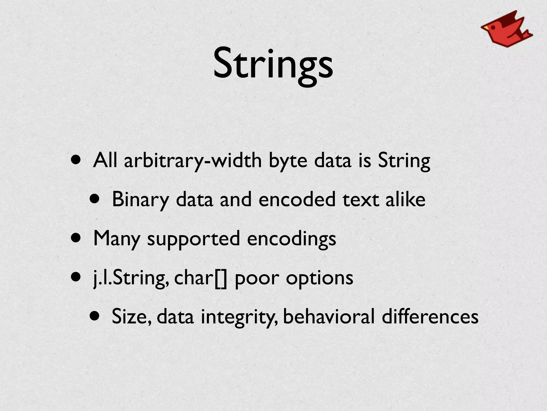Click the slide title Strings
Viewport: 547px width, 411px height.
[x=273, y=64]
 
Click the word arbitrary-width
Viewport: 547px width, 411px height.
[x=193, y=161]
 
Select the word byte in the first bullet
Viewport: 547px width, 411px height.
[x=288, y=161]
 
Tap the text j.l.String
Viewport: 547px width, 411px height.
[x=131, y=278]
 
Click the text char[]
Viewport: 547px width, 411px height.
[x=201, y=278]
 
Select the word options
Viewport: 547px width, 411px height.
[x=319, y=279]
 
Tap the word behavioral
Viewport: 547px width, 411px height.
[x=329, y=317]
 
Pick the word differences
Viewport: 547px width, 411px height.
[x=430, y=317]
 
